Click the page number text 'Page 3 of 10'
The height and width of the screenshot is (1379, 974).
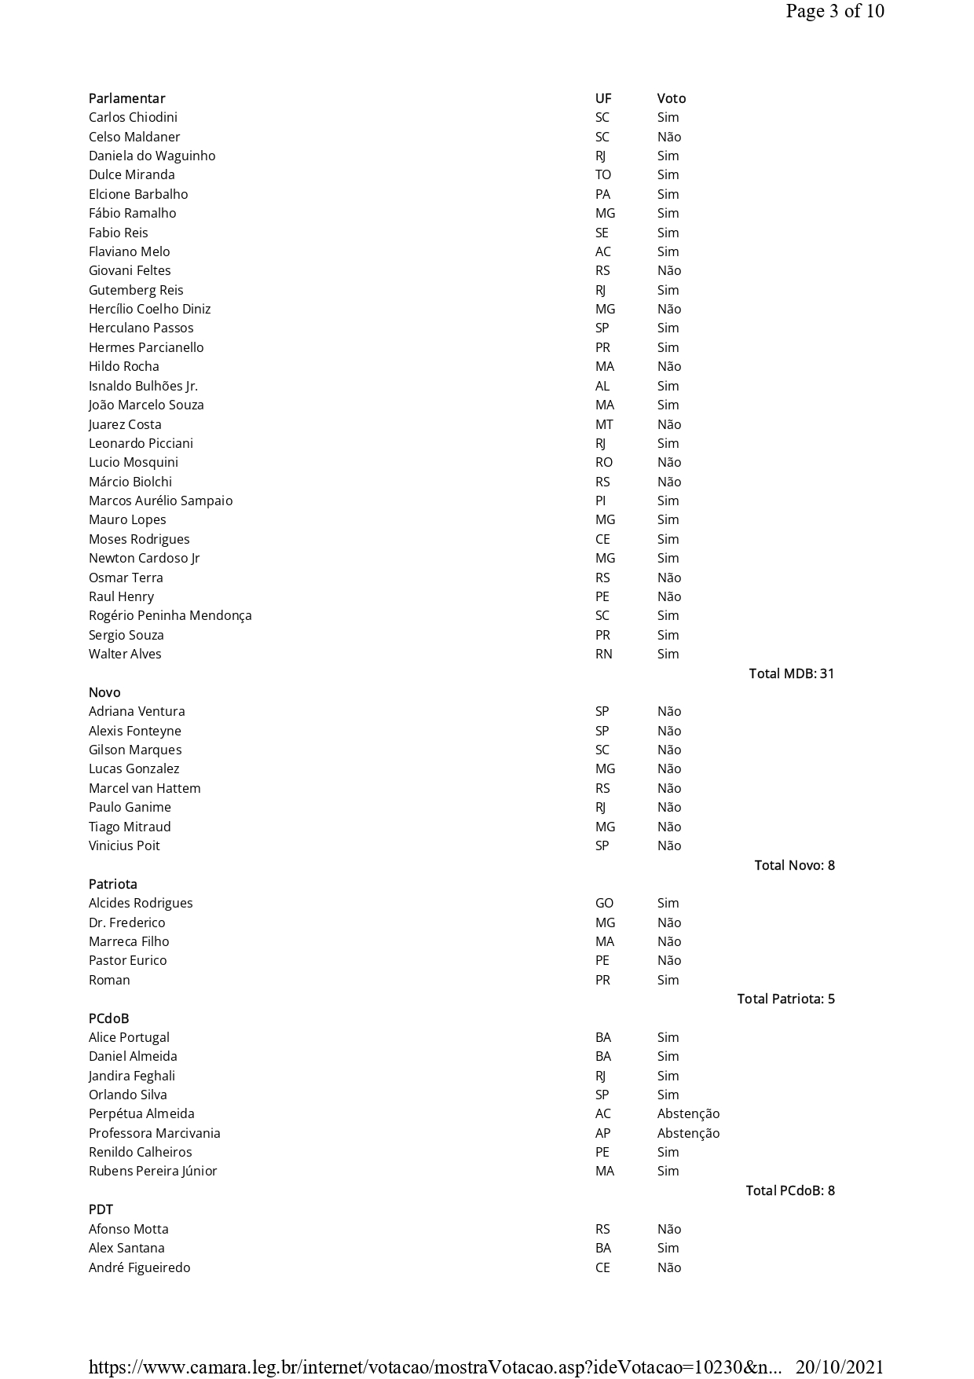[834, 11]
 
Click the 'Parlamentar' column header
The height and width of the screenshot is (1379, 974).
[126, 98]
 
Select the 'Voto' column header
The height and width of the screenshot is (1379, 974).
[671, 98]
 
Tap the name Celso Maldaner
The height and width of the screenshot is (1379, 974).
[134, 137]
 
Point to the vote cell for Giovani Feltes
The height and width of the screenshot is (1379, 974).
[668, 270]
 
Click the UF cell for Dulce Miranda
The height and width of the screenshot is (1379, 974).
[602, 174]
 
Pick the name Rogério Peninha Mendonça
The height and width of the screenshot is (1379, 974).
[170, 615]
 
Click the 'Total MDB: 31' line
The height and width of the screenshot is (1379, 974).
[791, 673]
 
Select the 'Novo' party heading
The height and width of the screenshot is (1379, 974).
[104, 692]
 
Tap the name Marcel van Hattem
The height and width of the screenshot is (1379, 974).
[145, 788]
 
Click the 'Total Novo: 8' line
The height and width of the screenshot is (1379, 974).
[794, 865]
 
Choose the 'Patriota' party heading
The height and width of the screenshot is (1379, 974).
[112, 884]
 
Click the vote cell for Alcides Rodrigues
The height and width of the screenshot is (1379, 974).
[668, 903]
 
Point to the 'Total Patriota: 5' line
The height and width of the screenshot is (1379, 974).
[785, 999]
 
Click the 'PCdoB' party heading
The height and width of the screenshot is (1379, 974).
[108, 1018]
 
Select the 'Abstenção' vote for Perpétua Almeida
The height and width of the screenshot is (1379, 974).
[688, 1113]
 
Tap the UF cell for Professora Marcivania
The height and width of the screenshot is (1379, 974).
[602, 1133]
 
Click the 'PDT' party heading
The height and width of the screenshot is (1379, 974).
[101, 1209]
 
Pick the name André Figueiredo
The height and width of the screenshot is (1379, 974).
[139, 1267]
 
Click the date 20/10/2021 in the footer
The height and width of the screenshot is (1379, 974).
[840, 1367]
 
